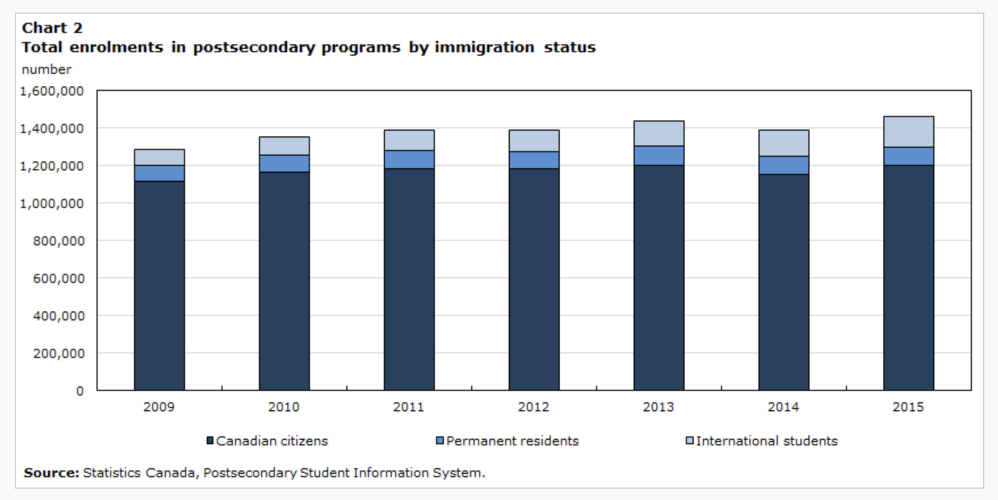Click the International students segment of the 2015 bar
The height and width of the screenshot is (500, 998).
pos(908,132)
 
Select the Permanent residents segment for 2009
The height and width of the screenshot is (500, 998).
pos(159,173)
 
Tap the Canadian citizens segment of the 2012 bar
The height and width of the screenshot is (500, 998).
pos(534,279)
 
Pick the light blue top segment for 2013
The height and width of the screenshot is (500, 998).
pos(659,134)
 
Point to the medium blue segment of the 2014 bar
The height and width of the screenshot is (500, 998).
pos(783,165)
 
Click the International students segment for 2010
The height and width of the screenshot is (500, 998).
pos(284,146)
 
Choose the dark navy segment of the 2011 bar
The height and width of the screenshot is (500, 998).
pos(409,279)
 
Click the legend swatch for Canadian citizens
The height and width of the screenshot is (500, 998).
pos(209,441)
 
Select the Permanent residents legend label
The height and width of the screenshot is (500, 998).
pos(512,441)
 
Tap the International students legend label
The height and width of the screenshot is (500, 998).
pos(766,441)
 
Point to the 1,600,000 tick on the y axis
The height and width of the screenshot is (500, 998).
pos(52,91)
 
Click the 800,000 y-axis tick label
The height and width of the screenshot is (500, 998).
pos(58,241)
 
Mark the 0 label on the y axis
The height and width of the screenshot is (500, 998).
pos(80,391)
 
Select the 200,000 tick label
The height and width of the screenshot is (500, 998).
pos(58,353)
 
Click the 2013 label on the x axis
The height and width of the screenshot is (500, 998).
pos(659,407)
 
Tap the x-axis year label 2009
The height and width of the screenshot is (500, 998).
pos(159,407)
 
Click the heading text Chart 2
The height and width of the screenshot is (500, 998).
pos(52,27)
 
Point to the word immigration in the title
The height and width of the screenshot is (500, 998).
pos(484,47)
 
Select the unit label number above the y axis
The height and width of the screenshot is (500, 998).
pos(47,69)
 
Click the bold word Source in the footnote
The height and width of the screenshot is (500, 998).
pos(51,473)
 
